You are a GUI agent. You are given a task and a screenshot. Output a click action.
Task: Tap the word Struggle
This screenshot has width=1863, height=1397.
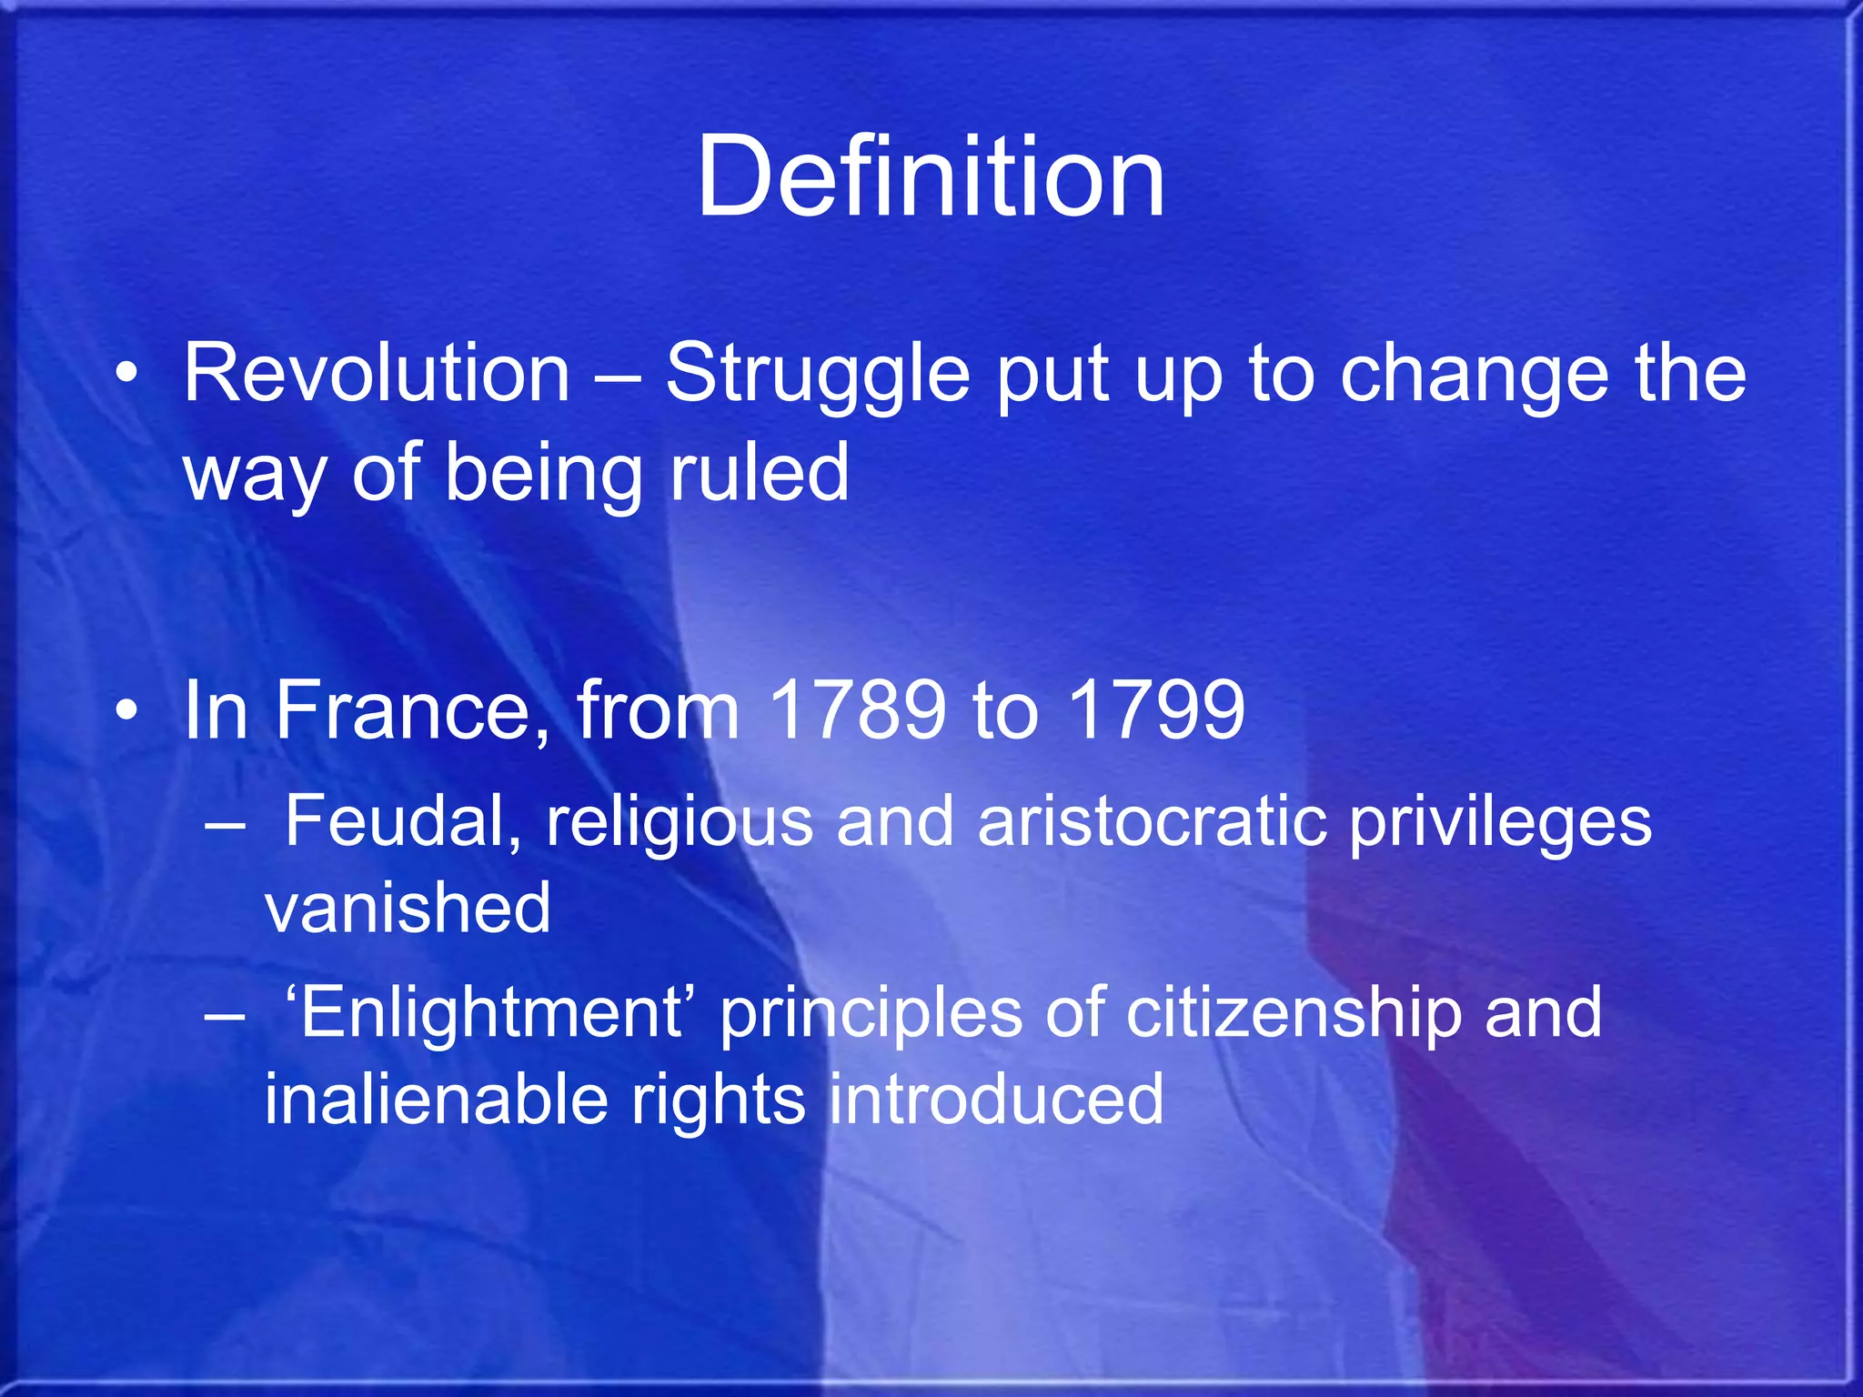click(x=818, y=375)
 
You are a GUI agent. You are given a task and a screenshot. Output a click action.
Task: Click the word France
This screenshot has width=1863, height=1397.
click(x=403, y=710)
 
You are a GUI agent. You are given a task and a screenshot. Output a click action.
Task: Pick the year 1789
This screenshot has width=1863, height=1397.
click(x=857, y=710)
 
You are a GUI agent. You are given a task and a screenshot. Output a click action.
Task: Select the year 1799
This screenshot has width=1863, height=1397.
click(x=1155, y=710)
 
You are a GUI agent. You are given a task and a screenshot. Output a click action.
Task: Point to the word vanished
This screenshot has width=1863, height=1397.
click(x=408, y=908)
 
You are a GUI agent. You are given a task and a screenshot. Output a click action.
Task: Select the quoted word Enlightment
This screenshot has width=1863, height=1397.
click(x=490, y=1013)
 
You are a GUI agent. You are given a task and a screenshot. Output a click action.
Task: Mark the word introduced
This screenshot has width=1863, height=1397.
click(x=996, y=1099)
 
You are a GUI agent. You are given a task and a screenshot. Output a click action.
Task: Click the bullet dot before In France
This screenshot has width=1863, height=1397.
click(x=128, y=710)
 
